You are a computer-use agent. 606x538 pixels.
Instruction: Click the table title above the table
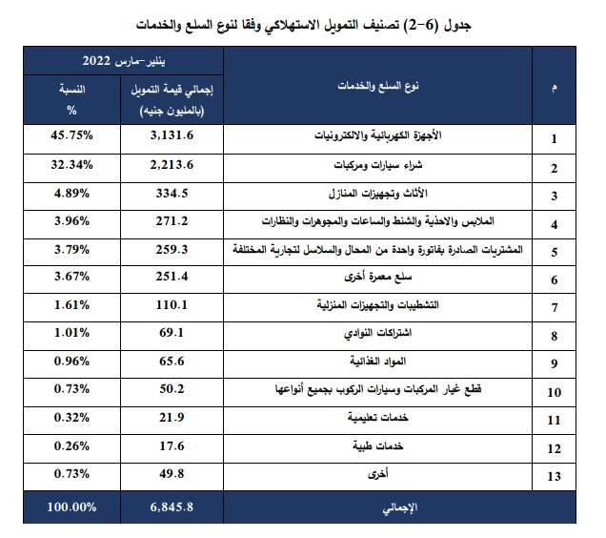[x=303, y=26]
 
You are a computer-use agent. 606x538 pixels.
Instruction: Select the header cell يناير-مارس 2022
[x=124, y=61]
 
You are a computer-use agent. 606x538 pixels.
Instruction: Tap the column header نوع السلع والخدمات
[x=378, y=86]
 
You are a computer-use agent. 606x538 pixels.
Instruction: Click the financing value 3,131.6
[x=172, y=135]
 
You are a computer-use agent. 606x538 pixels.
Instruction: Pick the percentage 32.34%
[x=71, y=165]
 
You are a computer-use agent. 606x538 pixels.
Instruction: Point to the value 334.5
[x=172, y=193]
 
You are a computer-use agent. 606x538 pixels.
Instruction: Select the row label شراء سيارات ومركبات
[x=378, y=165]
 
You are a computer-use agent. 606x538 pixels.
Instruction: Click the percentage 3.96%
[x=71, y=221]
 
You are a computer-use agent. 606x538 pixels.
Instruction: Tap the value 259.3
[x=172, y=249]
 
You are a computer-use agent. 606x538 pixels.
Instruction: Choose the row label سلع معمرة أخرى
[x=378, y=277]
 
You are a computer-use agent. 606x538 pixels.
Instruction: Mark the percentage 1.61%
[x=71, y=305]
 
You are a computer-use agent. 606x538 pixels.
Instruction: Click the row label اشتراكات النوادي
[x=378, y=333]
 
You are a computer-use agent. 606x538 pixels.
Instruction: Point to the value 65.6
[x=172, y=362]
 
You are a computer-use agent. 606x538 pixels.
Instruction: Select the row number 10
[x=555, y=392]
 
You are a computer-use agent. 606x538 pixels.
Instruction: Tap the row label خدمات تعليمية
[x=378, y=417]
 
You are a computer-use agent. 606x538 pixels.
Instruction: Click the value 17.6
[x=172, y=445]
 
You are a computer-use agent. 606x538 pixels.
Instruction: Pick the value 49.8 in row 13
[x=172, y=474]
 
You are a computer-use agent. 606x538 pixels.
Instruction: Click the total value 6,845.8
[x=172, y=507]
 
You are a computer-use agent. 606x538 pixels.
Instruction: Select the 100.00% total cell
[x=71, y=507]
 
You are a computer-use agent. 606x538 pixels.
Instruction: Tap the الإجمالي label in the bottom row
[x=399, y=507]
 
